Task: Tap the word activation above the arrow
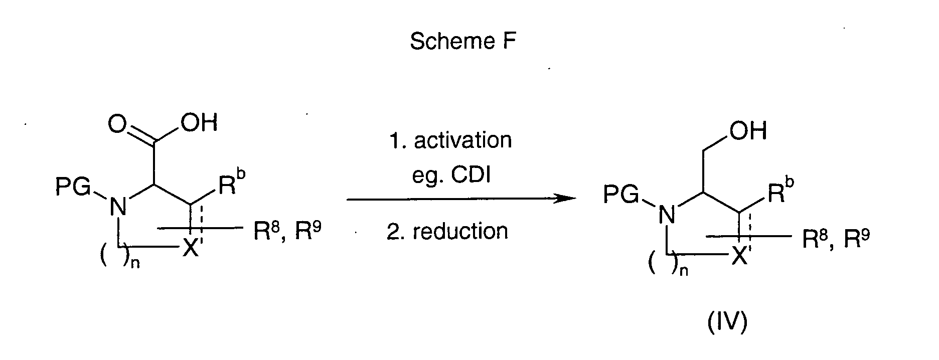click(x=462, y=140)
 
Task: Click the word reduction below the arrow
click(x=460, y=231)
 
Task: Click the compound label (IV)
click(x=727, y=323)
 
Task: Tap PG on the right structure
click(x=621, y=195)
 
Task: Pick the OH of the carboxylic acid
click(x=199, y=123)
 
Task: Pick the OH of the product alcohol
click(x=748, y=131)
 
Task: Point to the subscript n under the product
click(x=683, y=272)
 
